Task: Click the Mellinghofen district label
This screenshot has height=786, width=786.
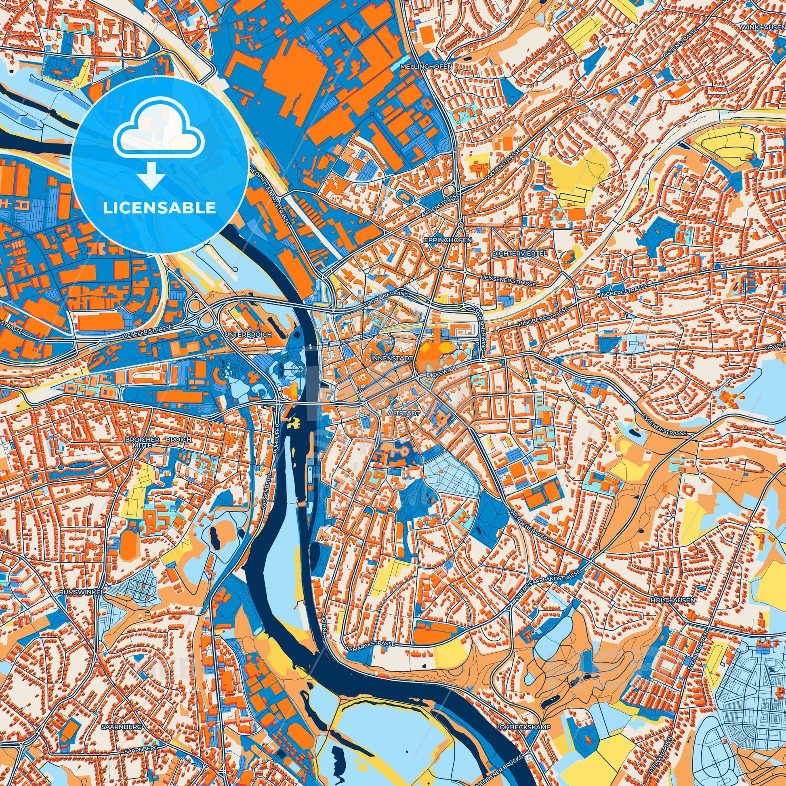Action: pos(426,65)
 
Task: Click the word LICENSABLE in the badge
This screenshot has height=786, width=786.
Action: pos(160,208)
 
